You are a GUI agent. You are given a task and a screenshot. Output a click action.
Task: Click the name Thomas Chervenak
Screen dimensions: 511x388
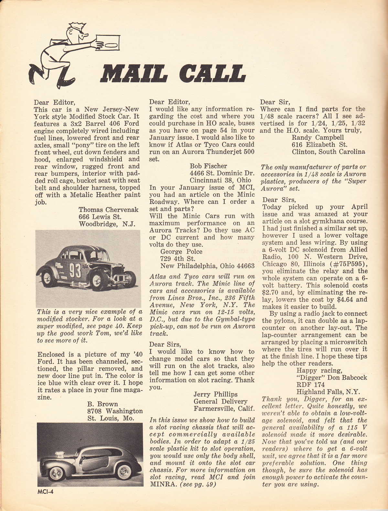pyautogui.click(x=108, y=210)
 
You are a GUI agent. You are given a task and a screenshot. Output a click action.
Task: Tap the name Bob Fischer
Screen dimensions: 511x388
pyautogui.click(x=208, y=166)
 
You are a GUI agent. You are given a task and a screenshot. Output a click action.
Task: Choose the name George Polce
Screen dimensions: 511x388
pyautogui.click(x=181, y=251)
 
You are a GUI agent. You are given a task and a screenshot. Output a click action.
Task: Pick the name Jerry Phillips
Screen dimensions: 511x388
pyautogui.click(x=215, y=394)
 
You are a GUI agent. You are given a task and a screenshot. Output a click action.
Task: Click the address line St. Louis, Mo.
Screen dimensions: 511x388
pyautogui.click(x=111, y=418)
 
